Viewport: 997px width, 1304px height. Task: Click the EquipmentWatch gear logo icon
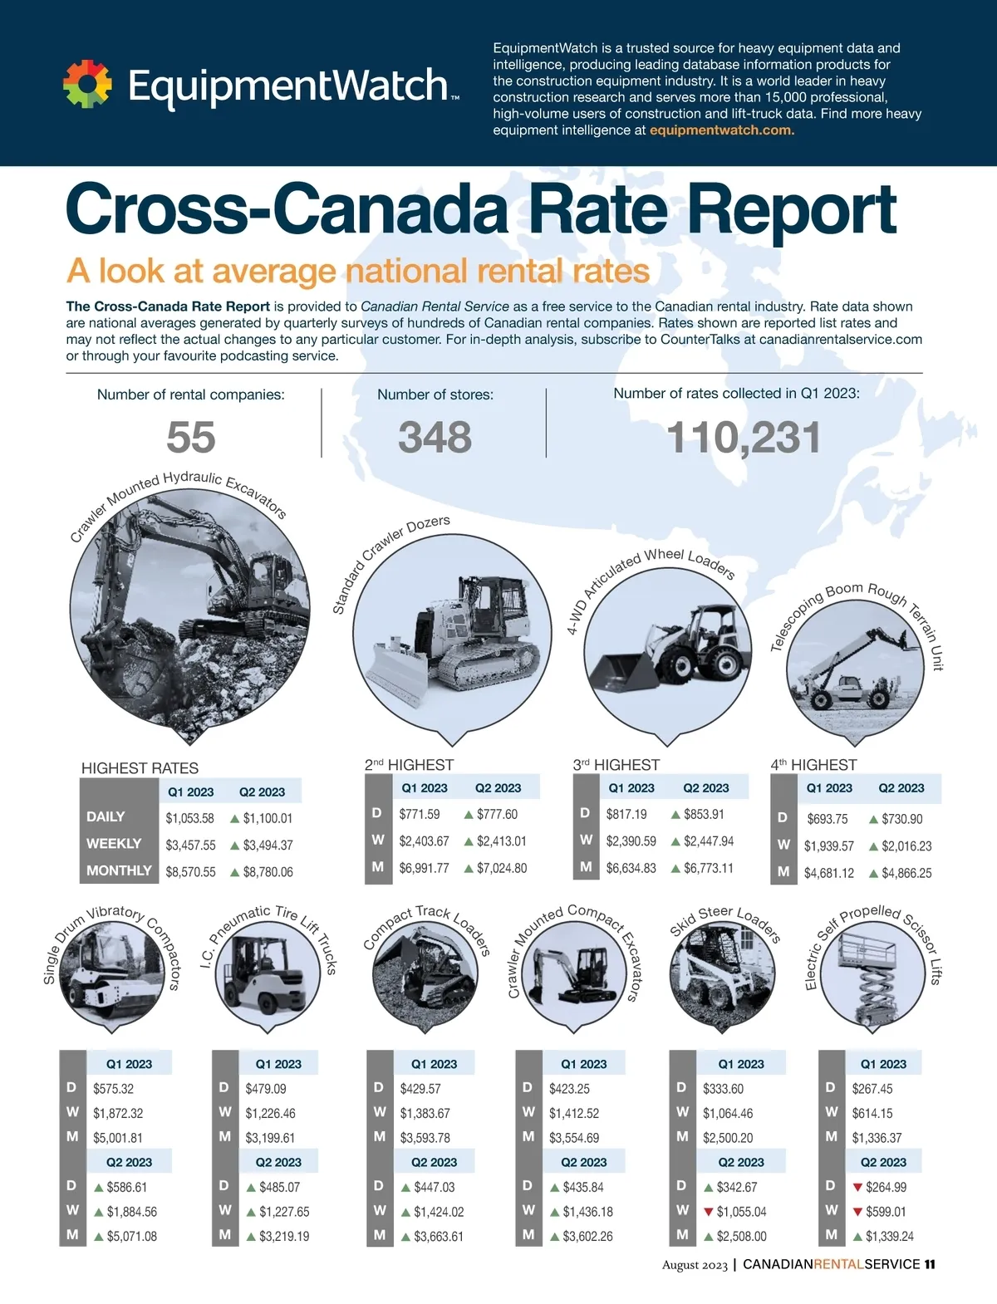click(x=87, y=84)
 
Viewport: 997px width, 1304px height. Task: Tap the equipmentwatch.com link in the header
click(x=721, y=130)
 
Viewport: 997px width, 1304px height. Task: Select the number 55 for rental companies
click(x=191, y=437)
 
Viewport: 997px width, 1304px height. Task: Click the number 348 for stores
click(x=435, y=437)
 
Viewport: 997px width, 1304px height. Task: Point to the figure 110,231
click(x=744, y=438)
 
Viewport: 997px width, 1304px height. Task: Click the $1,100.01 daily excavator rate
click(x=268, y=818)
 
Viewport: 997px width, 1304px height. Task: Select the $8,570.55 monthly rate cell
click(x=190, y=872)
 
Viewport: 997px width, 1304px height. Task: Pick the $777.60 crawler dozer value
click(x=497, y=815)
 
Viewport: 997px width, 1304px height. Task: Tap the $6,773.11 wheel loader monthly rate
click(x=709, y=868)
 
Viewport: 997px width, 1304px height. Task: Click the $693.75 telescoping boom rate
click(x=828, y=819)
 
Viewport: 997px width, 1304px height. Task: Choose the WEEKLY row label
click(x=114, y=844)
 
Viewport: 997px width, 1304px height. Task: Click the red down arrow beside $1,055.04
click(x=709, y=1212)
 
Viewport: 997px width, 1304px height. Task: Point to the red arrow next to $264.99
click(x=858, y=1188)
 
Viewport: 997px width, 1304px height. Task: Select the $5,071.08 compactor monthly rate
click(x=132, y=1237)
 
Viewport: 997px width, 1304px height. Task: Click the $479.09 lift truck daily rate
click(x=266, y=1089)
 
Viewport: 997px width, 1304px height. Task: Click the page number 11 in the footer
click(x=930, y=1265)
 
